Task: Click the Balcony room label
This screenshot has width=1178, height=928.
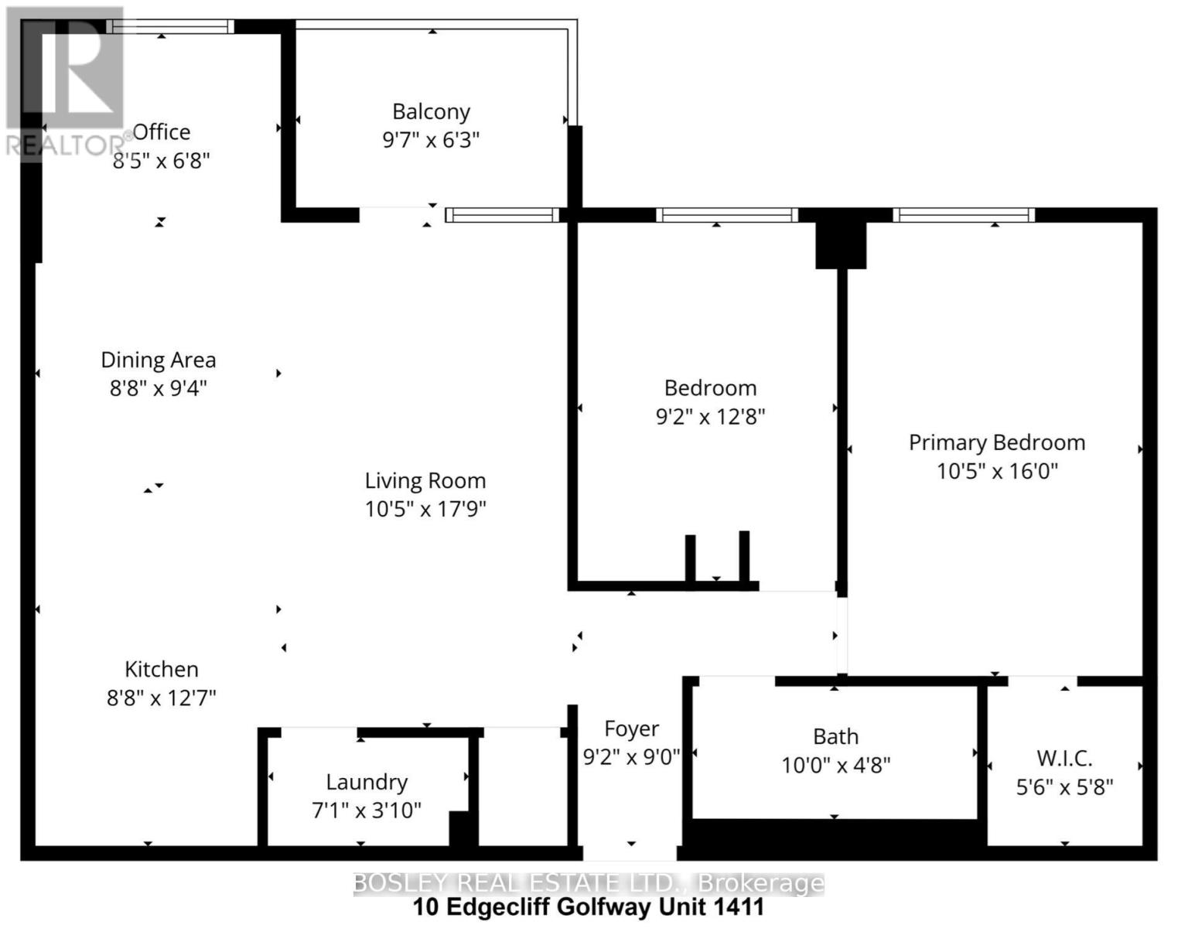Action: [x=431, y=112]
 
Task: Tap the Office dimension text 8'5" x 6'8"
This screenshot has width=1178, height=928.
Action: [x=162, y=161]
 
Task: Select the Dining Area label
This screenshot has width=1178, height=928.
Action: [x=159, y=360]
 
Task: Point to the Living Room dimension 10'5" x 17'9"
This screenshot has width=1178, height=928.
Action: [x=425, y=509]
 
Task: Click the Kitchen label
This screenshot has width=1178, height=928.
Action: [x=162, y=669]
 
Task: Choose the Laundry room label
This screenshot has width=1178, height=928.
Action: [x=367, y=782]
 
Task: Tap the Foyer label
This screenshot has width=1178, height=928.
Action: [x=631, y=728]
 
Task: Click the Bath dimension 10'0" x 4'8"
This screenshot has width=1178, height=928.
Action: [x=835, y=766]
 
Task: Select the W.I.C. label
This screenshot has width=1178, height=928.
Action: [x=1064, y=758]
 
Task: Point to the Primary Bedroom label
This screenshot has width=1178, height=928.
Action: [x=996, y=442]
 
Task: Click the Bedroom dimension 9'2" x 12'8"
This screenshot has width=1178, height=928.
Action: [x=710, y=417]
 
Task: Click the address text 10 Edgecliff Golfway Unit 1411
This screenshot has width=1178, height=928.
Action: [x=589, y=907]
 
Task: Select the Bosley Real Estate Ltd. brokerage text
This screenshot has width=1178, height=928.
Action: [x=589, y=883]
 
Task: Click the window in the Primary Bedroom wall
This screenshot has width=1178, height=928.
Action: [x=964, y=215]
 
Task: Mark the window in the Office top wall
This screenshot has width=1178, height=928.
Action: [x=170, y=27]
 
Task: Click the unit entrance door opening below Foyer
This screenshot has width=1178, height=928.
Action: [x=630, y=854]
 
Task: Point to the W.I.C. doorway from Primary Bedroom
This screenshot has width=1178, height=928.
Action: [x=1043, y=681]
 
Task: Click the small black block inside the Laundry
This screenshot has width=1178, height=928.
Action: [x=462, y=829]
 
